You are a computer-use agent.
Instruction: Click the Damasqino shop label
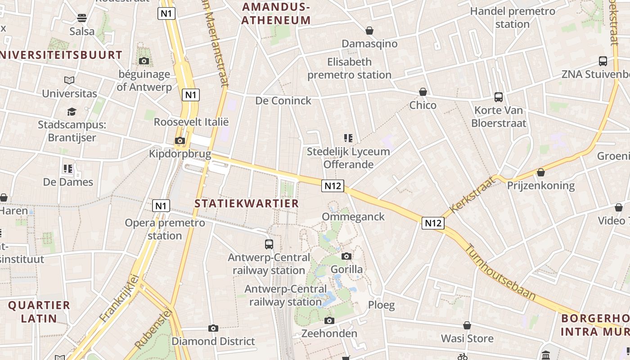[369, 44]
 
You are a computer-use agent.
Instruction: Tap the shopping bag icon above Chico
[423, 92]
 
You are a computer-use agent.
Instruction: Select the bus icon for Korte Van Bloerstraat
[498, 97]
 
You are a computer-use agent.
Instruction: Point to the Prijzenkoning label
[541, 185]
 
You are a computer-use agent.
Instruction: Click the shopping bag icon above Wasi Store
[467, 325]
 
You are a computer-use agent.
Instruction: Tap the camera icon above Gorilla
[346, 256]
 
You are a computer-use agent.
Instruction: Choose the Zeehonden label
[329, 333]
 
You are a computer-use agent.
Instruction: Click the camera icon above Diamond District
[213, 328]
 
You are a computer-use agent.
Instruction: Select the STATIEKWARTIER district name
[247, 203]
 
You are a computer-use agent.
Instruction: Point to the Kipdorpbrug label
[180, 154]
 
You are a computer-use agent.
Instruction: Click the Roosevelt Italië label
[191, 122]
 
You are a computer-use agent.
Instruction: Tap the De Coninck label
[283, 101]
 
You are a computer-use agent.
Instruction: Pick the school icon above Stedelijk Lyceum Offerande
[348, 138]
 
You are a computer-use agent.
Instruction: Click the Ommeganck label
[353, 217]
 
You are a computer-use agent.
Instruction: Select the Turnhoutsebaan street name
[499, 272]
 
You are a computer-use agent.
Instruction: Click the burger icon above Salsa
[82, 18]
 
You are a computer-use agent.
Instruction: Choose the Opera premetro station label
[165, 229]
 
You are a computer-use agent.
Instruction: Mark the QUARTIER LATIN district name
[39, 312]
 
